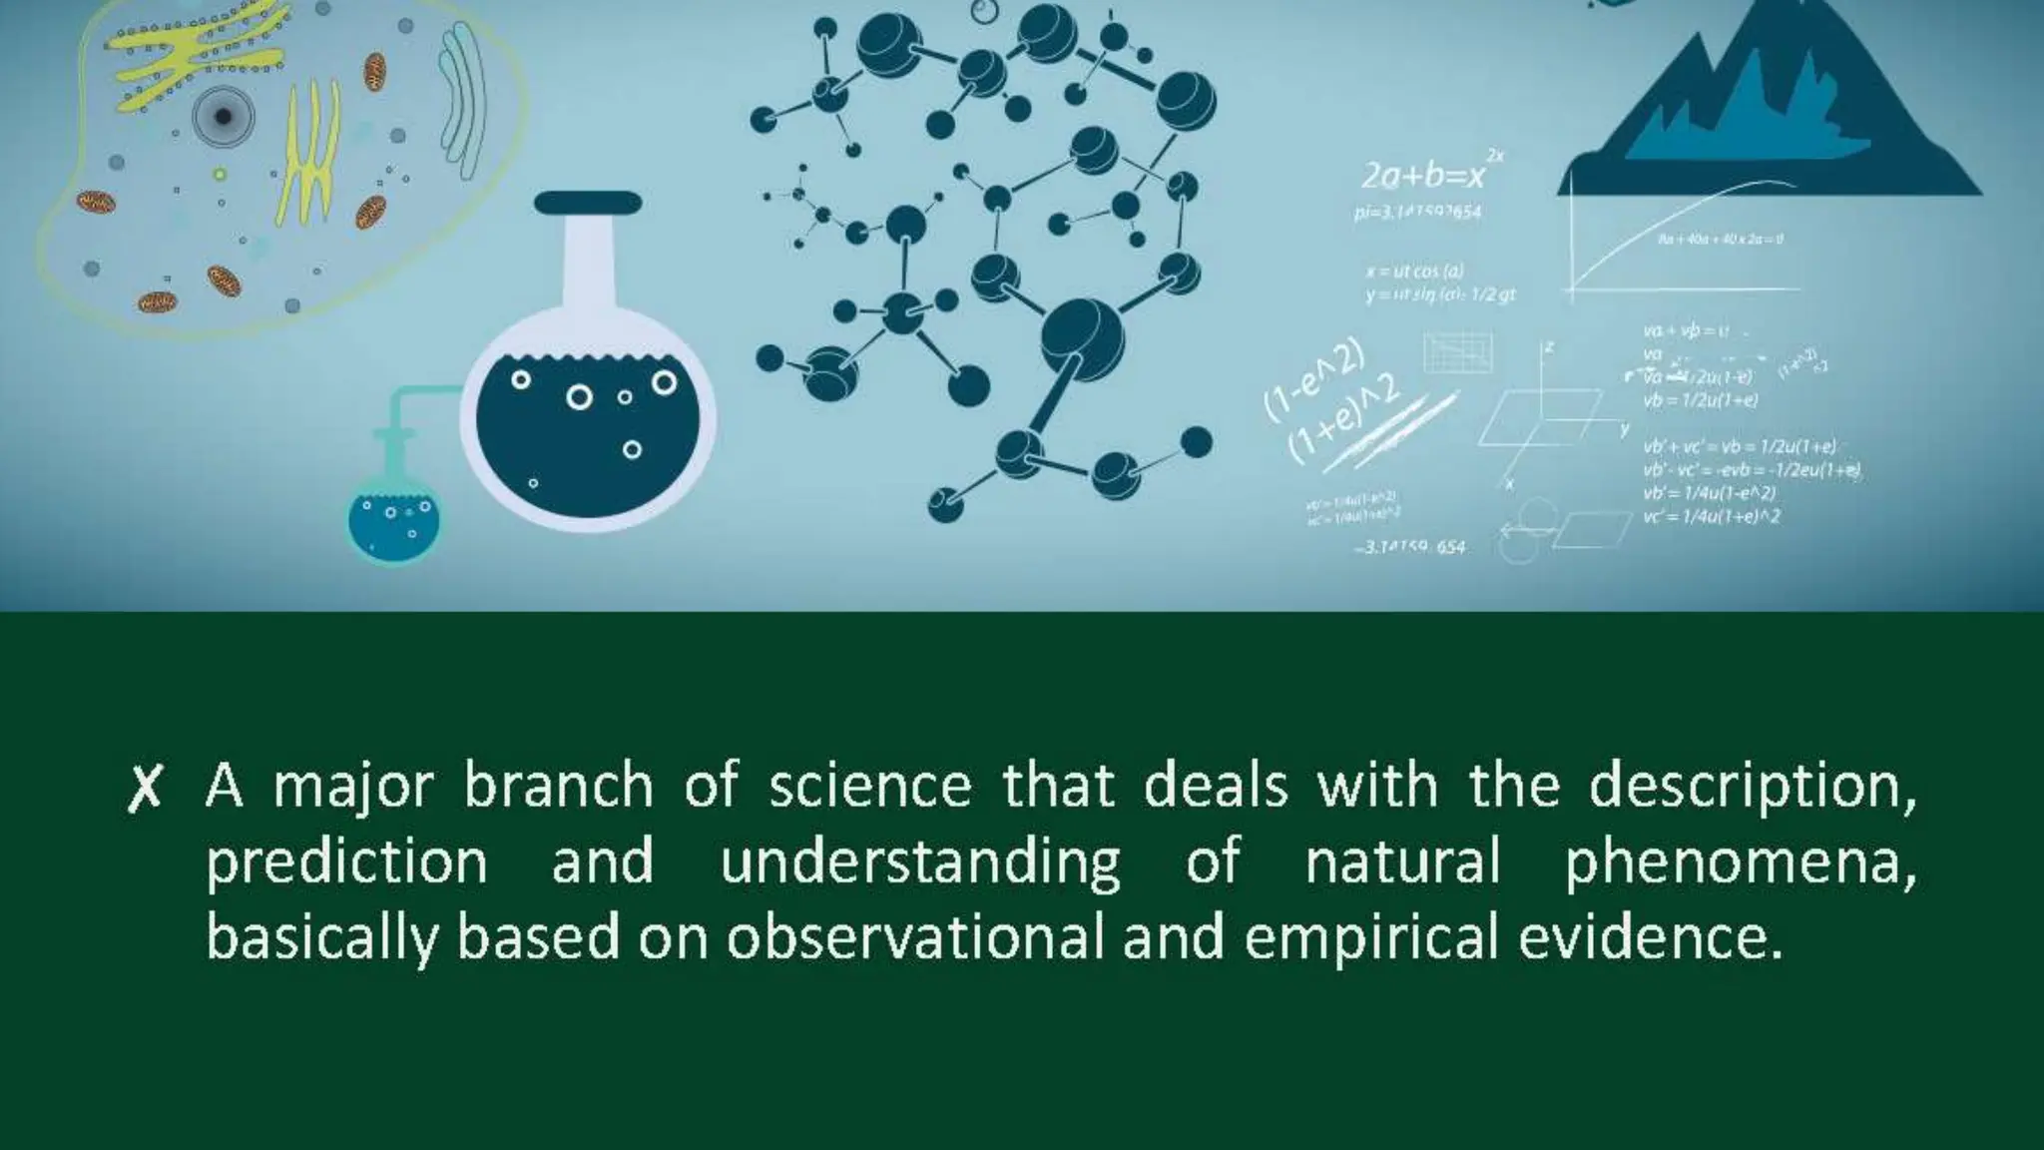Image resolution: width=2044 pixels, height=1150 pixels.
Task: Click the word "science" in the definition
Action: click(x=869, y=786)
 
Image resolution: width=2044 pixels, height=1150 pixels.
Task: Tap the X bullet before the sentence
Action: click(x=145, y=789)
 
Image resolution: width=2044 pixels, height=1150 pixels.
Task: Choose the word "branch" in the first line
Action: click(x=558, y=786)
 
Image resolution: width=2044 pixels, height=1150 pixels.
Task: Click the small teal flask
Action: click(x=393, y=519)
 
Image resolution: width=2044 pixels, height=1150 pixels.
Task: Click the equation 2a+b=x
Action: click(x=1422, y=177)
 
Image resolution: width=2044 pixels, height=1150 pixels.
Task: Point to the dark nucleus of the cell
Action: click(x=223, y=117)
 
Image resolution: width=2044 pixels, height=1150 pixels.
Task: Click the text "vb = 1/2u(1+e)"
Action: click(x=1701, y=400)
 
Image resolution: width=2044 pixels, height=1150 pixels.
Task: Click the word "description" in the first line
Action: click(x=1752, y=786)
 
